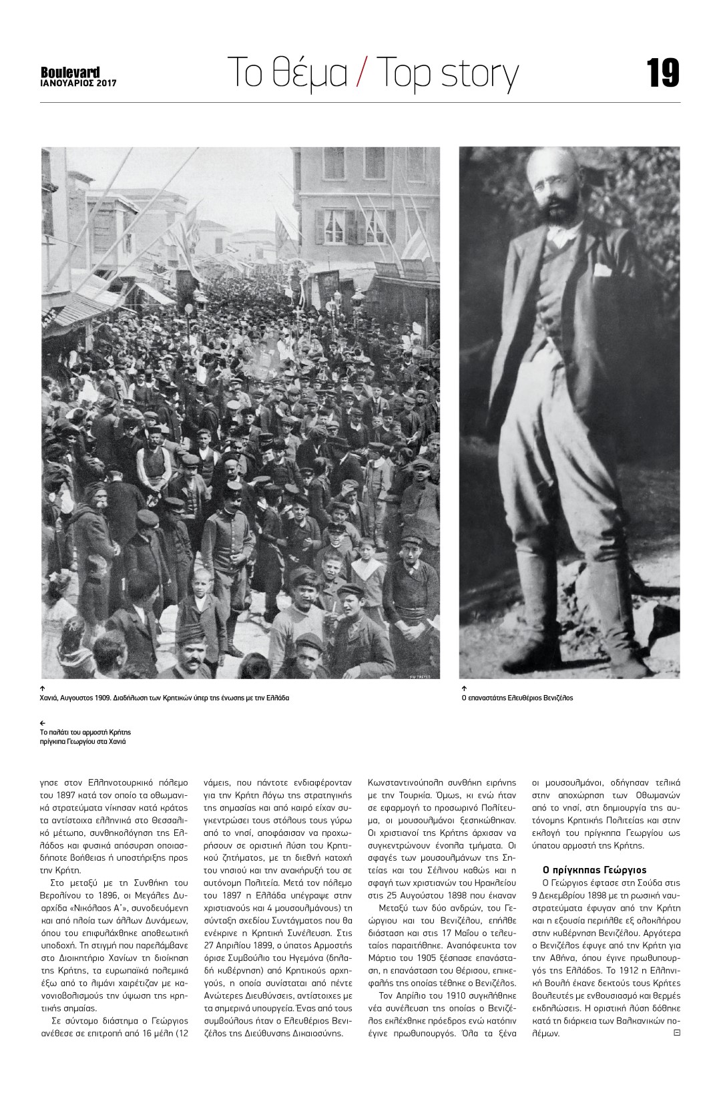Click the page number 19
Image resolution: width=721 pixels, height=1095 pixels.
point(662,73)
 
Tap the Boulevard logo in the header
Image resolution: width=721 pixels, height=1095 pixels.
point(70,72)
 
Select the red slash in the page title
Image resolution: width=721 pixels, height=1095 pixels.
point(361,73)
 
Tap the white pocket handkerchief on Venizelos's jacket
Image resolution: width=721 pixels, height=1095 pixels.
point(602,270)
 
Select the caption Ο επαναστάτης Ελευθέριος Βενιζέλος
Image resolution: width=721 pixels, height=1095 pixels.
point(517,698)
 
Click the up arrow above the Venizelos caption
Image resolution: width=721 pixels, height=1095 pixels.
point(464,688)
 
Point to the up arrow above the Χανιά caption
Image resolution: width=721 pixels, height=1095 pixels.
point(43,688)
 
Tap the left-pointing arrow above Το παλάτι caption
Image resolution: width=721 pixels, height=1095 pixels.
point(43,723)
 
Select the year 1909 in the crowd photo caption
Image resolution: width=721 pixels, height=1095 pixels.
point(121,698)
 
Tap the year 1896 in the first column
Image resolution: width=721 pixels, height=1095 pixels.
point(107,895)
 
